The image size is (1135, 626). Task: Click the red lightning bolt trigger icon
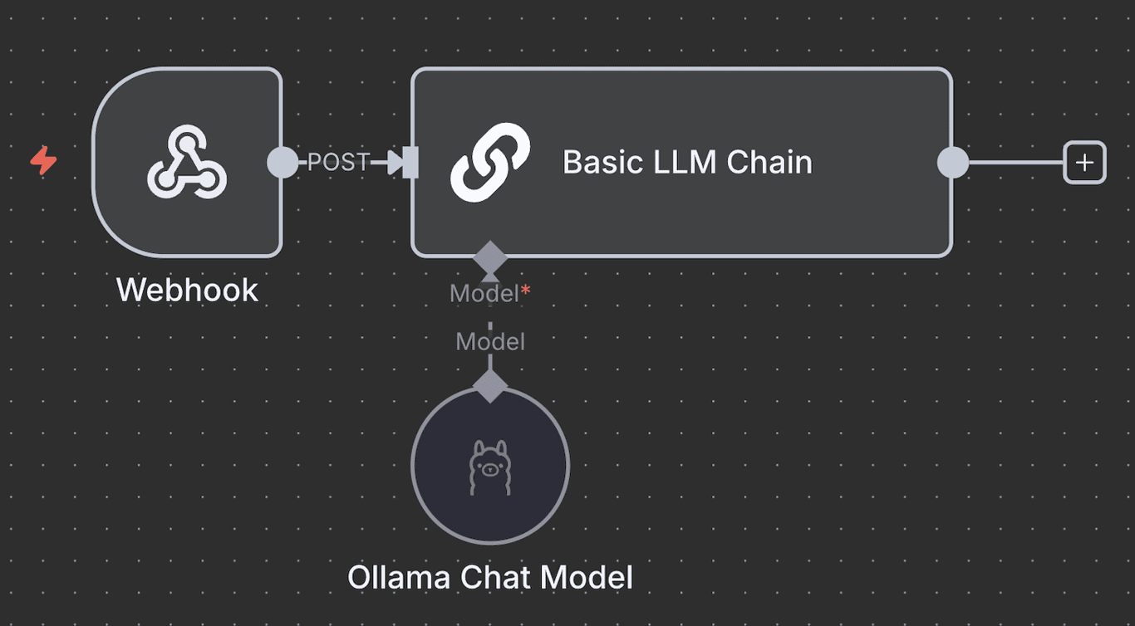tap(43, 160)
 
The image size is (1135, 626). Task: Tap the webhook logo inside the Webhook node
tap(187, 162)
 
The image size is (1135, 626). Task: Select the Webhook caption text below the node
tap(187, 291)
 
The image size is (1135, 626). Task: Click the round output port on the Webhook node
tap(283, 162)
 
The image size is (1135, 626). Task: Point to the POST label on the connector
tap(337, 163)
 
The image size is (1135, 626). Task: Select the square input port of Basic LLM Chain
tap(410, 163)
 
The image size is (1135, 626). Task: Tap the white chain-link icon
tap(490, 162)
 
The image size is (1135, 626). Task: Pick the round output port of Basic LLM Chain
tap(952, 163)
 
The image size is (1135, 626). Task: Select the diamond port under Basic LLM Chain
tap(490, 256)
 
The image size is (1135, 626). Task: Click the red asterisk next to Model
tap(525, 291)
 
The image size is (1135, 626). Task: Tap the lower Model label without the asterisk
tap(490, 341)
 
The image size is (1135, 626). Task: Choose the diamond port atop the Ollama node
tap(490, 385)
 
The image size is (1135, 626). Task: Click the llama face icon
tap(489, 467)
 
